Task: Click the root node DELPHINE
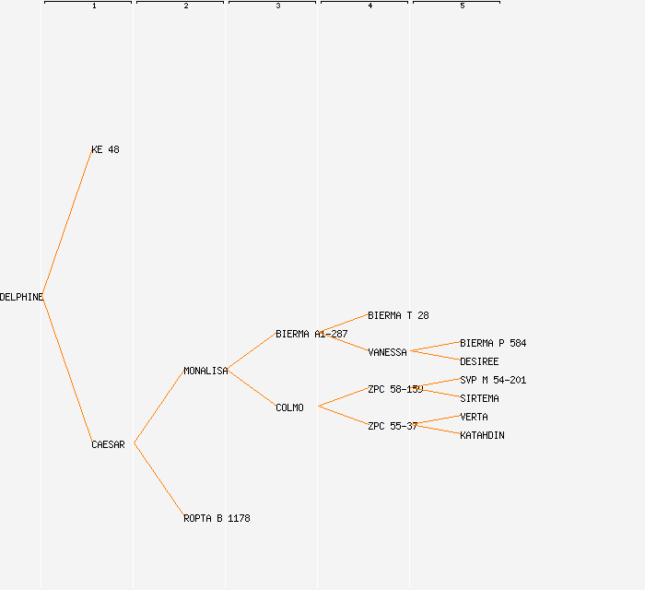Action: (21, 297)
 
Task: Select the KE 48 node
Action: (105, 149)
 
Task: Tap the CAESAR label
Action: (108, 444)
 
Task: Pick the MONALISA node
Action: (205, 371)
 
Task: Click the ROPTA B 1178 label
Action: (217, 518)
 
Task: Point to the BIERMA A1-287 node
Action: (311, 334)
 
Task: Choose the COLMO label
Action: (289, 407)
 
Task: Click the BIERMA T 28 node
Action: (398, 315)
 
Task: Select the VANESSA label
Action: (387, 352)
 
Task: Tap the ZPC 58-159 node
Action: (395, 389)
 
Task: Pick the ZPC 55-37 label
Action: (393, 426)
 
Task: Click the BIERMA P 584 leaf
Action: (493, 343)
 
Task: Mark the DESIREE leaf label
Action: (479, 361)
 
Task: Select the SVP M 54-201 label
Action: (493, 380)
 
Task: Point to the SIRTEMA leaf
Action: (479, 398)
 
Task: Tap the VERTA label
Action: (474, 417)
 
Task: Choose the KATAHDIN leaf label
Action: (482, 435)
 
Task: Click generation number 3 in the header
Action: (278, 6)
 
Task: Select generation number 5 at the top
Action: (463, 6)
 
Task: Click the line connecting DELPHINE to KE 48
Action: (67, 222)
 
